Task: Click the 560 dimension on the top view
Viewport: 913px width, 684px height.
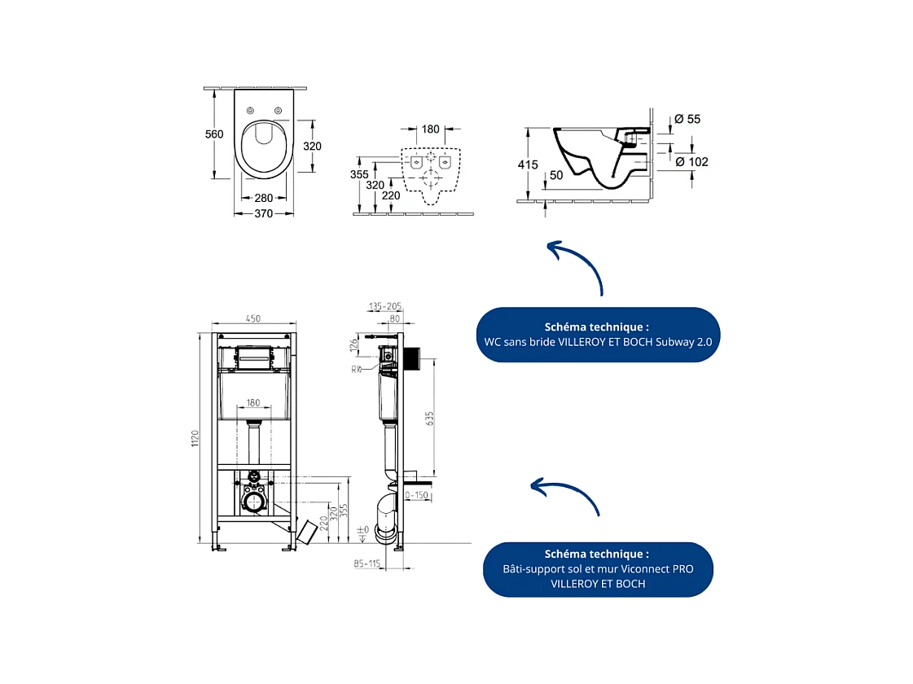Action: pyautogui.click(x=214, y=134)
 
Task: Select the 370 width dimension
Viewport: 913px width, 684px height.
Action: pyautogui.click(x=263, y=213)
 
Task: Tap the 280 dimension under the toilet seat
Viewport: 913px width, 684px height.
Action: pyautogui.click(x=263, y=198)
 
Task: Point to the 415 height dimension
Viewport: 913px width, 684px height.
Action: pyautogui.click(x=528, y=164)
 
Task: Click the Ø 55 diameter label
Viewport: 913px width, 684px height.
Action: pyautogui.click(x=687, y=119)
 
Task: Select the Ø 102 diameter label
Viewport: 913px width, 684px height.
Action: pyautogui.click(x=692, y=161)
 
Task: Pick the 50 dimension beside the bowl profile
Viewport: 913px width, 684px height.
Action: pyautogui.click(x=556, y=175)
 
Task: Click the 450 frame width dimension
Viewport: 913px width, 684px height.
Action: pyautogui.click(x=253, y=318)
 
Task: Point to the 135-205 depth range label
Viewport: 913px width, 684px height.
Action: pyautogui.click(x=385, y=307)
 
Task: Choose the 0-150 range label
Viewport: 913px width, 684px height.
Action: pyautogui.click(x=417, y=495)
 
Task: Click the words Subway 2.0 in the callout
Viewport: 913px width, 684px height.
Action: pyautogui.click(x=683, y=342)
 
